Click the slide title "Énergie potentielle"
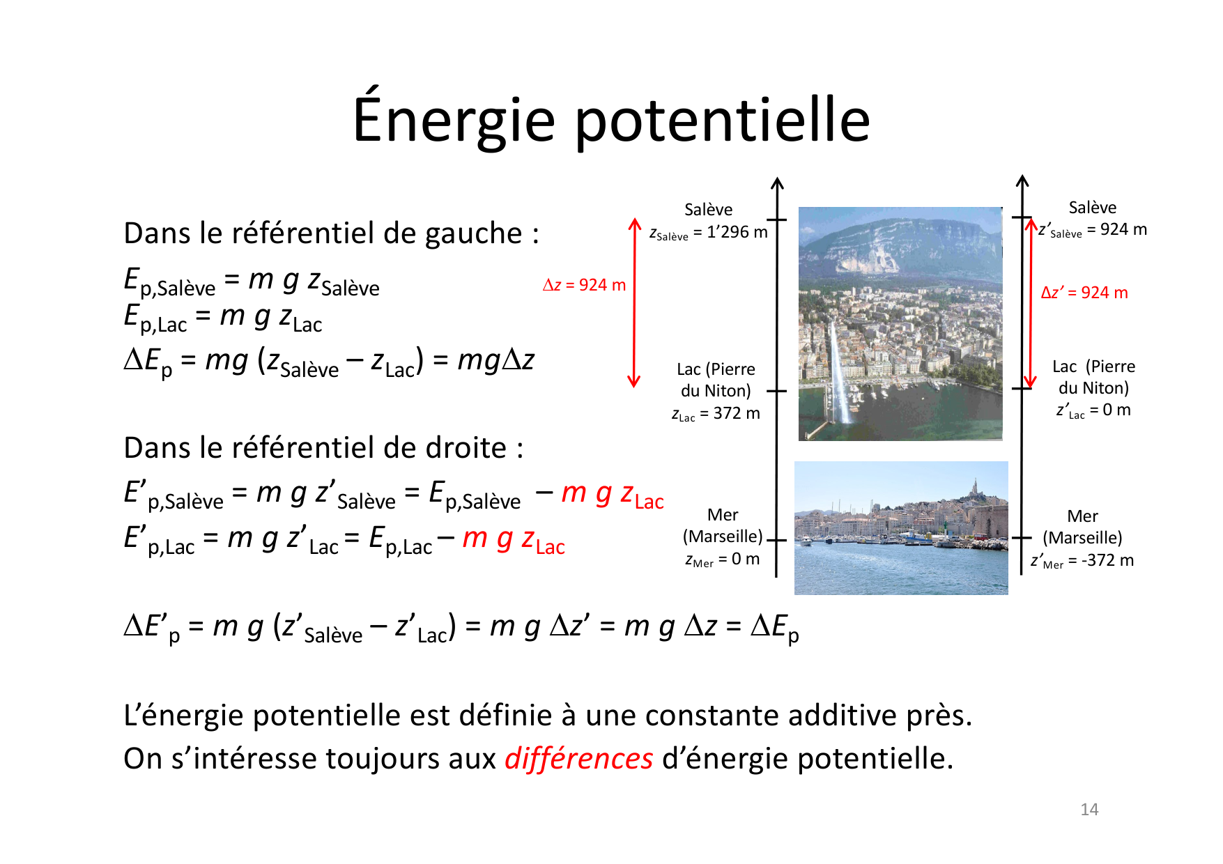tap(611, 120)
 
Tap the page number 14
tap(1089, 809)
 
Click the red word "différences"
tap(578, 758)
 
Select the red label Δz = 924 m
tap(584, 285)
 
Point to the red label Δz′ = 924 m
tap(1084, 293)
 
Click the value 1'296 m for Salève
tap(737, 232)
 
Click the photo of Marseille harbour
tap(901, 527)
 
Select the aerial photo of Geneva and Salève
tap(900, 323)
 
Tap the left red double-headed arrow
tap(634, 302)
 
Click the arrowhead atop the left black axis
tap(777, 183)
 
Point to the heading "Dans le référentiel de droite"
tap(323, 447)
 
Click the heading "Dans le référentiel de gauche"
tap(331, 233)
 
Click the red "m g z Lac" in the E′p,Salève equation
tap(613, 494)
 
